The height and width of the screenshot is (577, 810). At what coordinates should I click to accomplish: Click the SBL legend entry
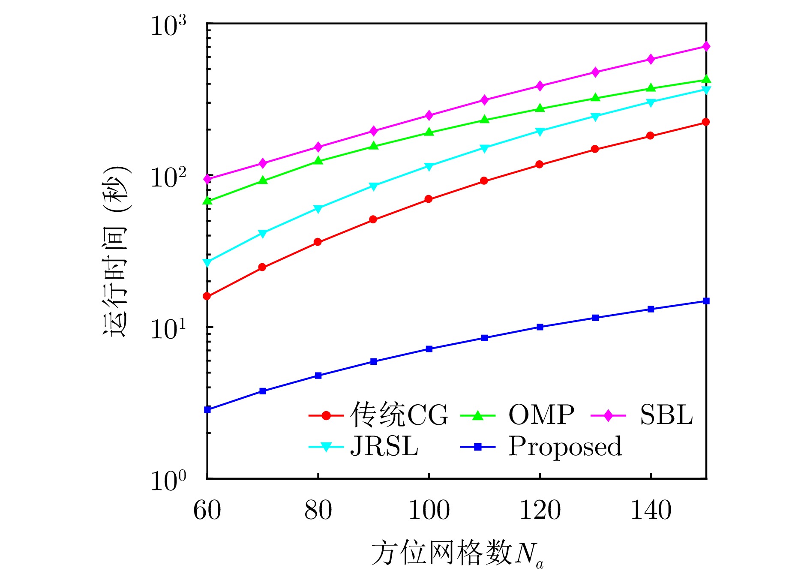click(666, 415)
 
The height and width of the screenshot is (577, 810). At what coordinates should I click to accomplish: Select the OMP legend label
click(541, 415)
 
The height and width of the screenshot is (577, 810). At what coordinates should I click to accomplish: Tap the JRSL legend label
click(384, 447)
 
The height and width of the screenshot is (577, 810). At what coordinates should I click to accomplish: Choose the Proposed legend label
click(564, 447)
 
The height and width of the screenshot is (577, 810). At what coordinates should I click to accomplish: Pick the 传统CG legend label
click(399, 415)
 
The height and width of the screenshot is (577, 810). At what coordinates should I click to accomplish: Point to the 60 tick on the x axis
click(207, 510)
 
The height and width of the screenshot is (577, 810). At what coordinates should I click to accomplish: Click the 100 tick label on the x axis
click(429, 510)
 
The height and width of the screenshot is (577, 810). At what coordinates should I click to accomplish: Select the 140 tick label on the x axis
click(651, 510)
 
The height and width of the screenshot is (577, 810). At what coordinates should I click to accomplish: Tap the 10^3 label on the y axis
click(168, 26)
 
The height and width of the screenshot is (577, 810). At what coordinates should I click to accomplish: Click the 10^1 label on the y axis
click(168, 329)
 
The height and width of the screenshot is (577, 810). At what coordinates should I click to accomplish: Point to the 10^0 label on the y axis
click(168, 481)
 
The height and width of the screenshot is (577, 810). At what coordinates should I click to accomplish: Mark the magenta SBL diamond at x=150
click(706, 46)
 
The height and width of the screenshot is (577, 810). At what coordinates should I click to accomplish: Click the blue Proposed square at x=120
click(540, 327)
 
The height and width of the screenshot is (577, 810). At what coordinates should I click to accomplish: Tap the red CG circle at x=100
click(429, 199)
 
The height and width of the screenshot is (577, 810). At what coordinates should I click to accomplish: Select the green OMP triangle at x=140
click(651, 88)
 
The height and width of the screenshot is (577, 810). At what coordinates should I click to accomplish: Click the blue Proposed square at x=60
click(207, 410)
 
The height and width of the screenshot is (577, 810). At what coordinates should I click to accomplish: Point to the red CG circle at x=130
click(595, 149)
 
